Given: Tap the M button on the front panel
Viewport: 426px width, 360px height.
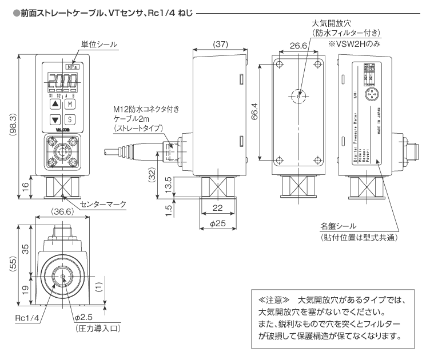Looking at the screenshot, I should pyautogui.click(x=70, y=105).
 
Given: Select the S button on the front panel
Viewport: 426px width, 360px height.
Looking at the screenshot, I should pyautogui.click(x=70, y=120).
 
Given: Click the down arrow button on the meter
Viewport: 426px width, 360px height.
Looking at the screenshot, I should pyautogui.click(x=54, y=120).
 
